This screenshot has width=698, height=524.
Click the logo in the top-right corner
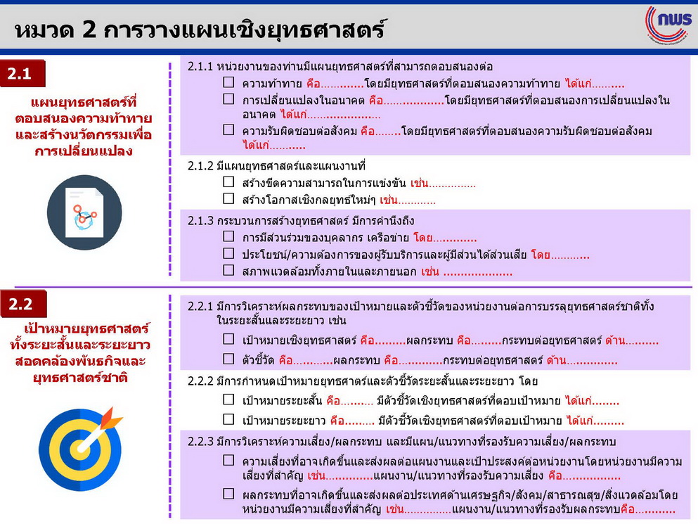click(669, 25)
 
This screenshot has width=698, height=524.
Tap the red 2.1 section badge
click(22, 74)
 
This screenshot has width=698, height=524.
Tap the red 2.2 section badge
click(23, 304)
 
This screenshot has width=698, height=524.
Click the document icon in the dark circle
click(84, 212)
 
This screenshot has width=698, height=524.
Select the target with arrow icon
click(81, 449)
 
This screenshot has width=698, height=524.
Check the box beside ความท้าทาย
click(228, 82)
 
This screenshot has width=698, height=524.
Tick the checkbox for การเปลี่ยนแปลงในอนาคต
click(228, 99)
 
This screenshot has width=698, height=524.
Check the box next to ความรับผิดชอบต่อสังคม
click(228, 129)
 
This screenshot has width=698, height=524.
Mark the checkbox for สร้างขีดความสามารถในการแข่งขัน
click(228, 181)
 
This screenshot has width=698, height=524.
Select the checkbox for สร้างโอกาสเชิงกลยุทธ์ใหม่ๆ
click(228, 199)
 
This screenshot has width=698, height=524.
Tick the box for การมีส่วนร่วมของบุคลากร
click(228, 236)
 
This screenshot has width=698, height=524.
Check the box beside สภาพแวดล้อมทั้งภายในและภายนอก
click(228, 270)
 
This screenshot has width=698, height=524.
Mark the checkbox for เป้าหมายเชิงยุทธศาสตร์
click(228, 339)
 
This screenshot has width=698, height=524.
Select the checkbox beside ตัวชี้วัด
click(228, 359)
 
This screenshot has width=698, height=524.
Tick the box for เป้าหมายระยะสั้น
click(228, 400)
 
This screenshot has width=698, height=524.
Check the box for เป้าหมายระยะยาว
click(228, 419)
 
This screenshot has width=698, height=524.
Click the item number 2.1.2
click(200, 166)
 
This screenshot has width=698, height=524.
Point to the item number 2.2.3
click(200, 442)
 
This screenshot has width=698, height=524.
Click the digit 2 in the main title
click(89, 30)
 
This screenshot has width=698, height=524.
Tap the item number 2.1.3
click(200, 221)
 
